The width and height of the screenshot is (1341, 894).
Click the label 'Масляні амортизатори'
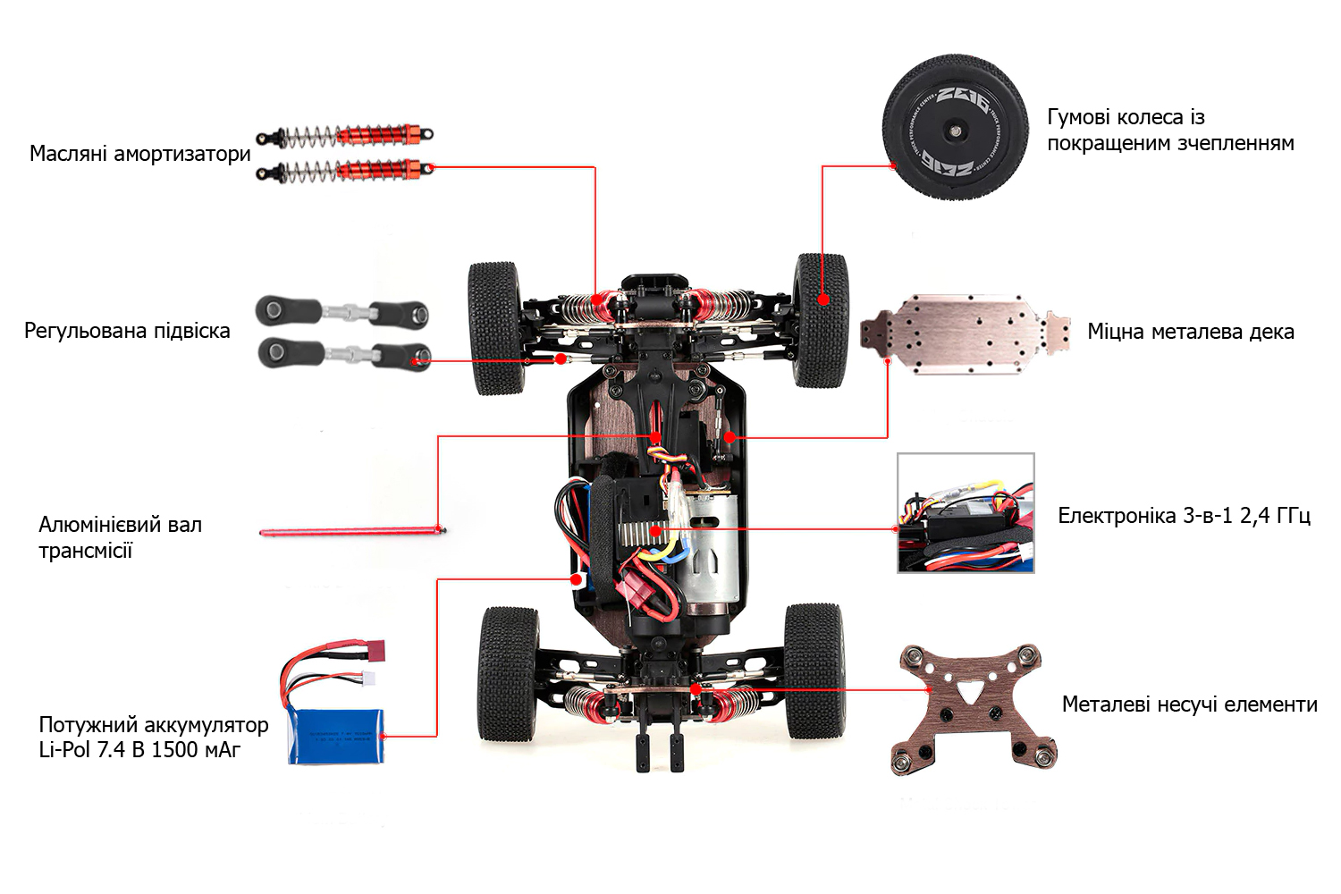click(140, 154)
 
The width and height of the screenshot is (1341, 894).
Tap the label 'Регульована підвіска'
click(127, 331)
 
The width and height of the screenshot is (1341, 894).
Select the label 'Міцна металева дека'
click(1190, 332)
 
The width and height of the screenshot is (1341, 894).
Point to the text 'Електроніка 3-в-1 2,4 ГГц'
click(1184, 516)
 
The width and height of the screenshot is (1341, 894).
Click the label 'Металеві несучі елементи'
click(1189, 704)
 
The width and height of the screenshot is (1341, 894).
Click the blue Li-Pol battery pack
click(336, 736)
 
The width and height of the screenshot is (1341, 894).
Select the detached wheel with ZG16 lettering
click(955, 127)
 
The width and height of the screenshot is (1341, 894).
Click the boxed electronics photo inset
click(966, 513)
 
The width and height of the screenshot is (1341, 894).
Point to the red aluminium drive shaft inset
click(351, 532)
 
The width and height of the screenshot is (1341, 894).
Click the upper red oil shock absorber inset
click(346, 137)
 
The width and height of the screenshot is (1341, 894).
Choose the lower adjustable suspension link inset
click(344, 353)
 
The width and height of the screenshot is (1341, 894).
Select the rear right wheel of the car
click(814, 670)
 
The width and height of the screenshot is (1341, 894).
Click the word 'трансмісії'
click(85, 551)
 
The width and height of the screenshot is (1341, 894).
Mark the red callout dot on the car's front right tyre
click(822, 300)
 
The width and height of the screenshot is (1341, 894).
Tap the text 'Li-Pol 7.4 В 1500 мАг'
click(139, 750)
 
